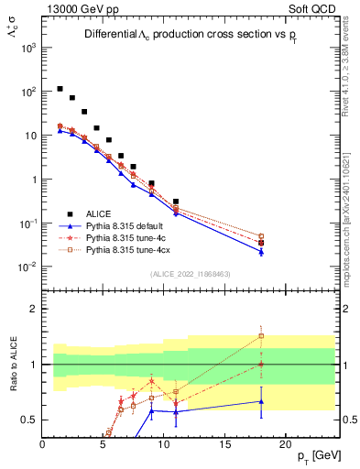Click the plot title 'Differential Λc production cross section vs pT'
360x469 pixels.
[x=190, y=34]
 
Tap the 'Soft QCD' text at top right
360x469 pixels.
[x=312, y=8]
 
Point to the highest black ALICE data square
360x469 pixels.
[x=60, y=89]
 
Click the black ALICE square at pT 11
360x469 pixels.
[x=176, y=202]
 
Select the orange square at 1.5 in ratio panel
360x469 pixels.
[x=261, y=335]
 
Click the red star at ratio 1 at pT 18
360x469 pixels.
[x=261, y=364]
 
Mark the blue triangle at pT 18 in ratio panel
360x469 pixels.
[x=261, y=401]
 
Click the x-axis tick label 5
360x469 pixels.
[x=103, y=444]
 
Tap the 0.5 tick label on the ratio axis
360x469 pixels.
[x=29, y=420]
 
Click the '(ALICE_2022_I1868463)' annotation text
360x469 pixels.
[x=190, y=274]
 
